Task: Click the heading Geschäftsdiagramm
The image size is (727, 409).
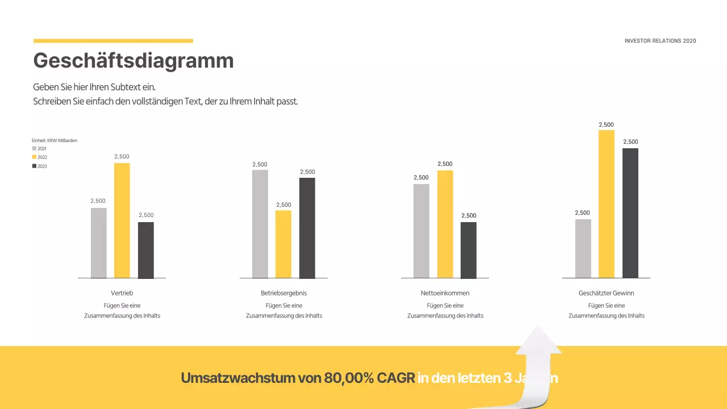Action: tap(133, 60)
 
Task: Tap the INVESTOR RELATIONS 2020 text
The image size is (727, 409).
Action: tap(660, 41)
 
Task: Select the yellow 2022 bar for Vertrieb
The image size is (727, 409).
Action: tap(122, 220)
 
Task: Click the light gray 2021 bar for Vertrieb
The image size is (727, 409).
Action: tap(98, 243)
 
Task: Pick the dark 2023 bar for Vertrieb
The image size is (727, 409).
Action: tap(146, 250)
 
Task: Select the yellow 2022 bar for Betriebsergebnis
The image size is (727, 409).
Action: tap(283, 244)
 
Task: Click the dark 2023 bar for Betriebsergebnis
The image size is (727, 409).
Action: tap(307, 228)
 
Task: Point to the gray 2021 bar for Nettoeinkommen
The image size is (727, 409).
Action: tap(421, 231)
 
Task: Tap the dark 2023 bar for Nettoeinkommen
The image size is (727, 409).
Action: tap(469, 250)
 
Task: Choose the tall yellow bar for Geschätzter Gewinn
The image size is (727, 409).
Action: tap(607, 204)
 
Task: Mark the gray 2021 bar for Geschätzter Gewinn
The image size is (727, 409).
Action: tap(583, 249)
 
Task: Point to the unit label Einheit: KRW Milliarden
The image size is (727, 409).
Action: tap(55, 140)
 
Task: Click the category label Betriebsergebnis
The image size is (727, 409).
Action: tap(283, 293)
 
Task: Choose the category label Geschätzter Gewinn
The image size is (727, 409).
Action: tap(606, 293)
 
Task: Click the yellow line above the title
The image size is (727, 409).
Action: tap(113, 41)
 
